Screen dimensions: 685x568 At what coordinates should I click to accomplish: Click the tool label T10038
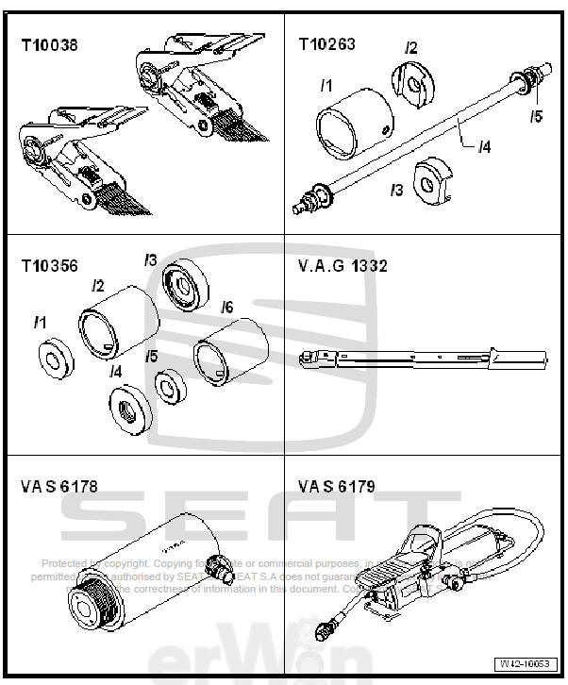point(51,43)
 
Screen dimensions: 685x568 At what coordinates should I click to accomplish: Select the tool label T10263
point(326,43)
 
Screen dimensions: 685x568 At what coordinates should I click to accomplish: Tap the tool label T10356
point(51,265)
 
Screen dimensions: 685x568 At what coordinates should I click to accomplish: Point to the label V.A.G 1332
point(342,266)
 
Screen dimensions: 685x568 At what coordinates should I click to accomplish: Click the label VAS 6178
point(58,487)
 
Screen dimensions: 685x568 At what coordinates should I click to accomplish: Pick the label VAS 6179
point(337,487)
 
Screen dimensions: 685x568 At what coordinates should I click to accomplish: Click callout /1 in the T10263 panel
point(326,86)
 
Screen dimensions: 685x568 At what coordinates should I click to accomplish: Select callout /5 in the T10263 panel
point(536,117)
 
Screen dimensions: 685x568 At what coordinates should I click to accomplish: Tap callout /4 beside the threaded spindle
point(483,146)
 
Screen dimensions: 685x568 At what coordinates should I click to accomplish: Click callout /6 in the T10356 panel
point(226,307)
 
